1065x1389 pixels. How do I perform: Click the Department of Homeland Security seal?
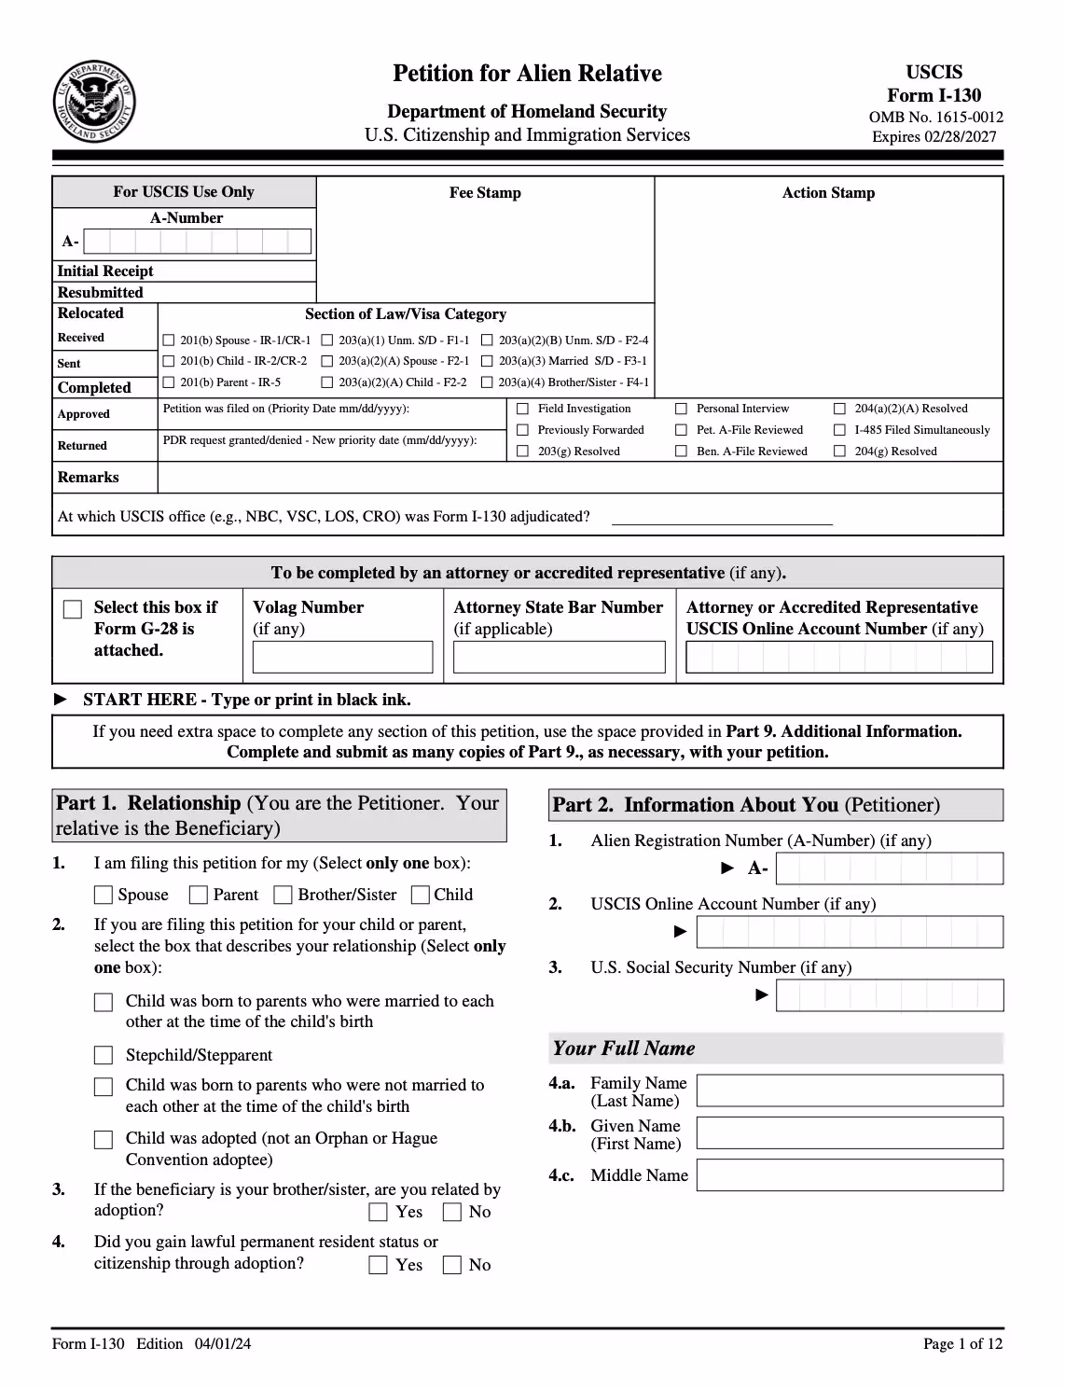click(x=93, y=101)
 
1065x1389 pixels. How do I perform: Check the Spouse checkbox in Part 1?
click(x=104, y=895)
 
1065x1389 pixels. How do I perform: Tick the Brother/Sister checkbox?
click(x=283, y=895)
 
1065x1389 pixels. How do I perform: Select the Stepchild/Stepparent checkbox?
click(x=104, y=1055)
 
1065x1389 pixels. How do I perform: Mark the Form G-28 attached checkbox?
click(x=73, y=609)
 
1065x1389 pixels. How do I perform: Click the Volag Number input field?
click(x=342, y=657)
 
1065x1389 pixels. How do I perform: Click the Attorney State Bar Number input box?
click(x=559, y=657)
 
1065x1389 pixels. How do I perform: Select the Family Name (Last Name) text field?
click(x=850, y=1090)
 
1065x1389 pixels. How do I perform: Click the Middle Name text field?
click(x=850, y=1174)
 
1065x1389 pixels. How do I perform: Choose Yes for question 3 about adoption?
click(x=378, y=1212)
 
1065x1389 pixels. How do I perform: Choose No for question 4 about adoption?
click(x=452, y=1265)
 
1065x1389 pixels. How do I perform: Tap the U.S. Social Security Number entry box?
click(x=889, y=995)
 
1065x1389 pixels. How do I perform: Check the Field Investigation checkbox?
click(x=522, y=409)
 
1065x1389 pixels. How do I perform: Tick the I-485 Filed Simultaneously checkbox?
click(x=839, y=430)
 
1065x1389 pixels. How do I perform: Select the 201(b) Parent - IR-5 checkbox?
click(x=169, y=382)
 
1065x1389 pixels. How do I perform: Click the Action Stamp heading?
click(x=828, y=193)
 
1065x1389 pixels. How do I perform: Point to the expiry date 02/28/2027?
click(x=934, y=137)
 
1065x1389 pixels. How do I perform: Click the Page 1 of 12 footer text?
click(x=962, y=1343)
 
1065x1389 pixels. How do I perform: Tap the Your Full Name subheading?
click(x=624, y=1049)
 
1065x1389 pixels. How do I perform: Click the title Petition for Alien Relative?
click(x=527, y=74)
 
